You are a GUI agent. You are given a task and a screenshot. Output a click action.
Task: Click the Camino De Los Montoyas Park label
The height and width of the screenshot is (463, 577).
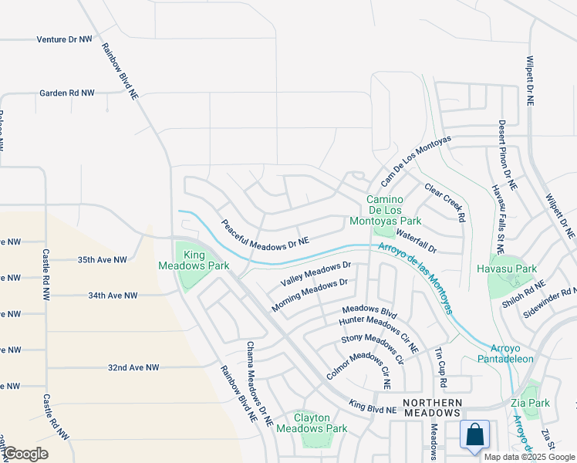point(393,209)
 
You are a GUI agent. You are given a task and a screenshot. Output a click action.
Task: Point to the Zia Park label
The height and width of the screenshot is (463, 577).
point(530,403)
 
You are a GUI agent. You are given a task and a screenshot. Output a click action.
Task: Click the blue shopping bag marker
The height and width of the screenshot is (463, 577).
point(475,434)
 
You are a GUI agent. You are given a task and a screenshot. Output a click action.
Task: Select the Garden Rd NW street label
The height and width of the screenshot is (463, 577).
point(67,93)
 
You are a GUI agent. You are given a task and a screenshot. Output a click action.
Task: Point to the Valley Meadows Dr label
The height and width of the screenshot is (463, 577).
point(316,273)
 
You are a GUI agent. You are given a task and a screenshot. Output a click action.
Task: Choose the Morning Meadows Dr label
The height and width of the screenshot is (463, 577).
point(310,296)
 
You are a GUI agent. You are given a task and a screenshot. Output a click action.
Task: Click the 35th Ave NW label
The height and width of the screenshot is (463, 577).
point(102,261)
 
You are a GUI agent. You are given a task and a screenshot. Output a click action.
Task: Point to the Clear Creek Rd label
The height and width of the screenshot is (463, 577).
point(445,202)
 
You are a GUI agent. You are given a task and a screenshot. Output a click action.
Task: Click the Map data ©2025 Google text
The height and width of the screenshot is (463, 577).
point(529,457)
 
